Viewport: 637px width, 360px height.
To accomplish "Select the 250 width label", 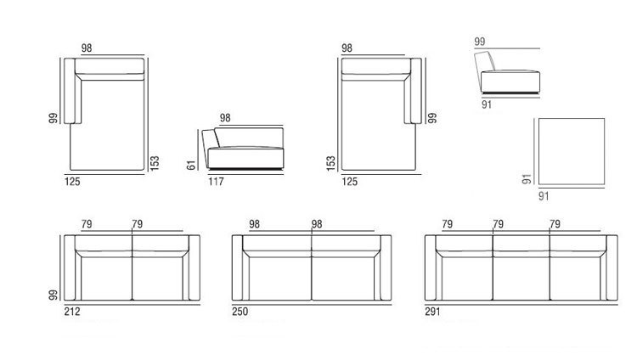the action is coord(240,311).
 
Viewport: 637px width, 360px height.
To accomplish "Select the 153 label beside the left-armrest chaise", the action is coord(154,160).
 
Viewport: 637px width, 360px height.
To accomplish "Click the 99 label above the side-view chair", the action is coord(481,40).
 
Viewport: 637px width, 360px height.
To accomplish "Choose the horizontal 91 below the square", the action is coord(545,196).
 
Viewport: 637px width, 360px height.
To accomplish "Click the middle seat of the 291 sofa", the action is coord(521,276).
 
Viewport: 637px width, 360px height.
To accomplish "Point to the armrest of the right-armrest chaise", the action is coord(414,93).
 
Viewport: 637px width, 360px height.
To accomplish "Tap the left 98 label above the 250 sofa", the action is coord(255,224).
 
